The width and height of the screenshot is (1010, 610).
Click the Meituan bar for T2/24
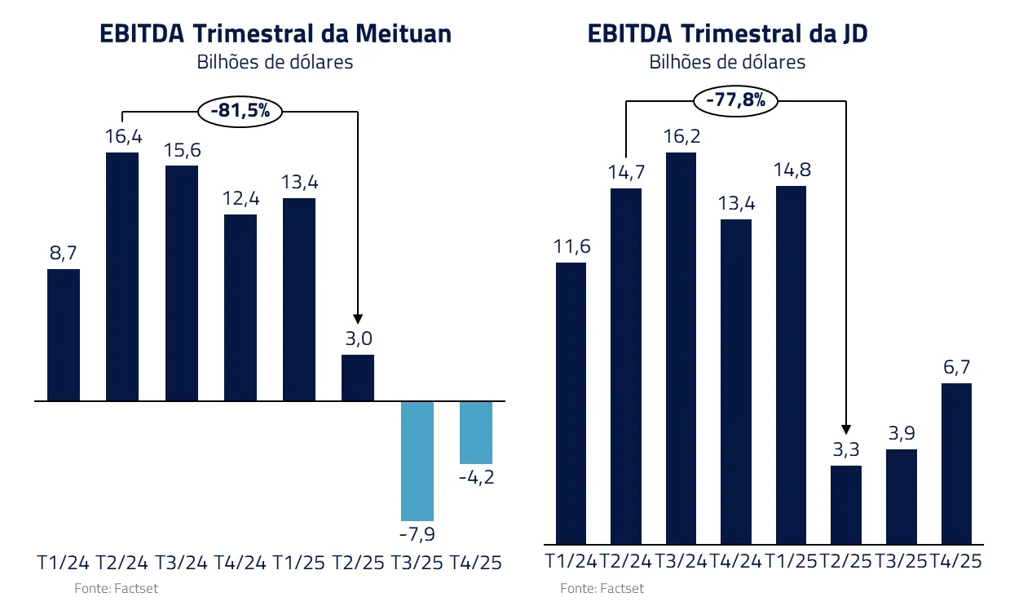pos(122,276)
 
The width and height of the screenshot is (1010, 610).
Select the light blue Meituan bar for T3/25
pos(417,461)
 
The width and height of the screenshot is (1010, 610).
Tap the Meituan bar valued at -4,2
pos(476,432)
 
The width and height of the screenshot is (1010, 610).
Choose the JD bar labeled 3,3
pos(845,505)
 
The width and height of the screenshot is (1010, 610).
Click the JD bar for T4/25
pos(956,463)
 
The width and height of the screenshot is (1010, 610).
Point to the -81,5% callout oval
pos(240,111)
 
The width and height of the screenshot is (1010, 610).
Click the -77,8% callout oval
pos(735,100)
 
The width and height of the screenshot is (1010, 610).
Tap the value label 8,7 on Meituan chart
pos(64,254)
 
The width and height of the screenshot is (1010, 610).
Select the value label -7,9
pos(417,535)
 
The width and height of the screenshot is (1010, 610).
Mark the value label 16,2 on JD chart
pos(681,136)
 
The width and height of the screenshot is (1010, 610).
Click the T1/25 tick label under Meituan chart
pos(298,563)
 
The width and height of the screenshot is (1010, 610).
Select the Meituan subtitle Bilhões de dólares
pos(275,62)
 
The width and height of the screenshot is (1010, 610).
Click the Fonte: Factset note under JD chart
pos(602,588)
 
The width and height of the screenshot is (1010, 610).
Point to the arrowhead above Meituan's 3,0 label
pos(357,320)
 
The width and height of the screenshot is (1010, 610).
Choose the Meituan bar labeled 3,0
pos(357,378)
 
